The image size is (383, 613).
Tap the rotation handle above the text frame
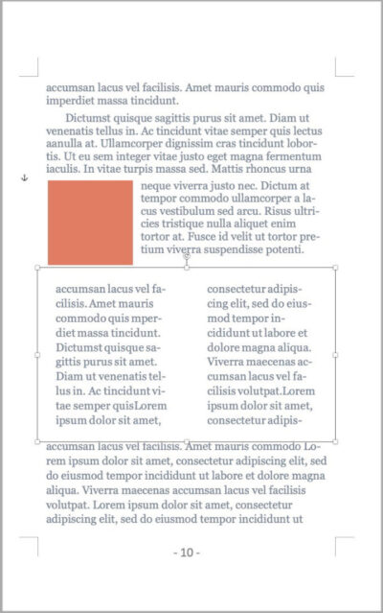186,256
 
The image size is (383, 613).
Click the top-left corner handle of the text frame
37,268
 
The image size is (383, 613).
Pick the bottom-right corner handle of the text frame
335,441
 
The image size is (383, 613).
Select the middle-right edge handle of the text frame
335,355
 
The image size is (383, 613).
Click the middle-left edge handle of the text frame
37,355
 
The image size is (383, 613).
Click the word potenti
281,248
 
